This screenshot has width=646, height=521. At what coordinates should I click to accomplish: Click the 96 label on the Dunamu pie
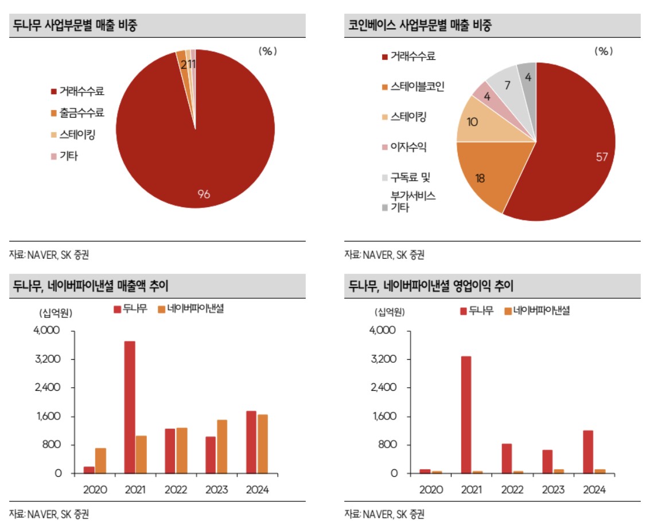pyautogui.click(x=204, y=195)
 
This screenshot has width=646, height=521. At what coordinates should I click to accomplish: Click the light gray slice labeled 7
pyautogui.click(x=507, y=86)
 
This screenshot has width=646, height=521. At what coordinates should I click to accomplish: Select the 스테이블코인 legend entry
pyautogui.click(x=417, y=87)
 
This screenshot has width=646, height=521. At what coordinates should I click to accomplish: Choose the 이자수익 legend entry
pyautogui.click(x=408, y=147)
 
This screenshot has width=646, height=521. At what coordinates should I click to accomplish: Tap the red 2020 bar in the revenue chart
pyautogui.click(x=89, y=470)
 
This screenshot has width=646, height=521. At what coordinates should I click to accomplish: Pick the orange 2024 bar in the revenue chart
pyautogui.click(x=262, y=444)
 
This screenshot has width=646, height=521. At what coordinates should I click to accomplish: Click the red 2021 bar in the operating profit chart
pyautogui.click(x=466, y=415)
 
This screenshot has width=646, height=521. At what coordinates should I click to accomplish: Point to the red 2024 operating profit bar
pyautogui.click(x=587, y=452)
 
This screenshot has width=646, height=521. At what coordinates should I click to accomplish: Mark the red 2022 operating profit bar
pyautogui.click(x=507, y=458)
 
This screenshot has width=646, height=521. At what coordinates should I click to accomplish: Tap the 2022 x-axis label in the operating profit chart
pyautogui.click(x=512, y=490)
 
